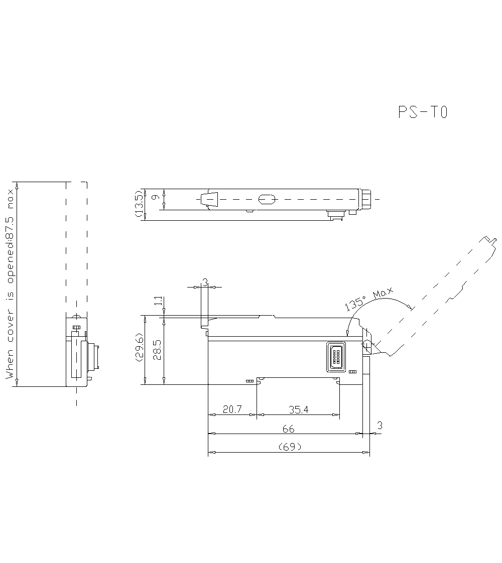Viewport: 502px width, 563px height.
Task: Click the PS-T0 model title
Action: point(422,112)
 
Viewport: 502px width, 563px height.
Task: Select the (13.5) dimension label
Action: point(139,204)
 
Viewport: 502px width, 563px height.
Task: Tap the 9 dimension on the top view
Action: point(156,198)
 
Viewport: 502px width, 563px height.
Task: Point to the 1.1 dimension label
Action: point(158,302)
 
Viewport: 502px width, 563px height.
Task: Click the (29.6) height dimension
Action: point(139,350)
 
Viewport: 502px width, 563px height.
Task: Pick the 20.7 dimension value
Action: point(232,409)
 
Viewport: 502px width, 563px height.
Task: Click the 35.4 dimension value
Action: point(298,409)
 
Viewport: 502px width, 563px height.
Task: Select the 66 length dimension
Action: point(288,429)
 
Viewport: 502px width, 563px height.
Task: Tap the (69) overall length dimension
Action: point(289,447)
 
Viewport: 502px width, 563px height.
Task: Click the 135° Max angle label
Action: point(369,301)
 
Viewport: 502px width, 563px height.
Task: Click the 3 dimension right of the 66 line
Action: point(379,426)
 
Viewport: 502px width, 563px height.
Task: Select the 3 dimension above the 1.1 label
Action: point(204,283)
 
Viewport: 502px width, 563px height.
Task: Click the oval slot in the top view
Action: point(267,199)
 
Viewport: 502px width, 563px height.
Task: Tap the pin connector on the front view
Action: point(335,357)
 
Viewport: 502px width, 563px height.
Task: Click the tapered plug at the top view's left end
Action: point(209,199)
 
